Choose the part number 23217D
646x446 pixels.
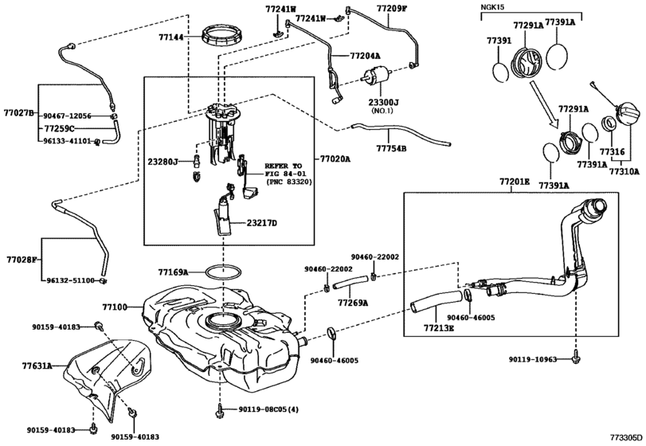tap(262, 224)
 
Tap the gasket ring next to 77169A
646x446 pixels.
tap(226, 272)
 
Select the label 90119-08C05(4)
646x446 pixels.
tap(266, 410)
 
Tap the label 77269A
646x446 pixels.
tap(352, 303)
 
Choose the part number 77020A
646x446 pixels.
tap(335, 158)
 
